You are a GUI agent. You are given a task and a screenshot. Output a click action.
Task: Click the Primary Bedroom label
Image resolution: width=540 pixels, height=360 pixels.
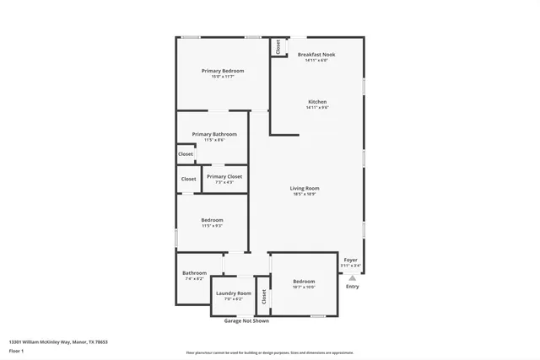pos(222,71)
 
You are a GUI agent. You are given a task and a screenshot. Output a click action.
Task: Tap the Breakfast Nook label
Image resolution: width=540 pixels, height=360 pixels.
pos(316,55)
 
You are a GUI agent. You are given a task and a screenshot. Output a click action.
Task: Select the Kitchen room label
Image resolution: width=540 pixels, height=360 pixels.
pos(316,102)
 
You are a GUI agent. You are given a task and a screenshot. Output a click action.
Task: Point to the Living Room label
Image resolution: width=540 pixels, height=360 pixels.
pos(305,188)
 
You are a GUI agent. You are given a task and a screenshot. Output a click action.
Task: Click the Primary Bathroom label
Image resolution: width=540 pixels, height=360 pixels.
pos(213,134)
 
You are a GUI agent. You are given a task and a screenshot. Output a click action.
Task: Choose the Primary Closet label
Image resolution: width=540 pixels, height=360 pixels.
pos(224,176)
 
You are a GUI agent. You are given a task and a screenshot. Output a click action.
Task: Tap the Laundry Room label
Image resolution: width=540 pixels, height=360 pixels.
pos(233,293)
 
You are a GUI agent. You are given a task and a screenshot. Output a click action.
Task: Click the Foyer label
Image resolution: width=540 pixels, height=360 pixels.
pos(350,260)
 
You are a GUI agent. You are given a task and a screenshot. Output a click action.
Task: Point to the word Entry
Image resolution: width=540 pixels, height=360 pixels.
pos(352,287)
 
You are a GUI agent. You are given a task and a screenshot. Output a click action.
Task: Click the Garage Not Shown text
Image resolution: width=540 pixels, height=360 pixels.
pos(246,321)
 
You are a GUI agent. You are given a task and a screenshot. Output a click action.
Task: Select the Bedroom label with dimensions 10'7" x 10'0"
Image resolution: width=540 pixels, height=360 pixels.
pos(304,282)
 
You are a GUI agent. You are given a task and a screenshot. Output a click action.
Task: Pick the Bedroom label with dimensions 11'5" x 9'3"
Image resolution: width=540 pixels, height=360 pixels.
pos(212,220)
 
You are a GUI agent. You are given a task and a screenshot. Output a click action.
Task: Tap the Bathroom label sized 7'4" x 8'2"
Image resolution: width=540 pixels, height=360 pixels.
pos(194,272)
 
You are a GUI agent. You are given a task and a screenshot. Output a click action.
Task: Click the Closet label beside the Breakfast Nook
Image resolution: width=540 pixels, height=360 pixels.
pos(277,46)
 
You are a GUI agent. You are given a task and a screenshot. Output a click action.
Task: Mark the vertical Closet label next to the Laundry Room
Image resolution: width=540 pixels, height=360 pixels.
pos(263,297)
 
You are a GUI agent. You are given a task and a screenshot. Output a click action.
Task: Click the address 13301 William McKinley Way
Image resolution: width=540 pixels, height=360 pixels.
pos(58,341)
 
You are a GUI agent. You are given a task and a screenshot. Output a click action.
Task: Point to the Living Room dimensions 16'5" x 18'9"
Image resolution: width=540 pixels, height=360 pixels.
pos(305,194)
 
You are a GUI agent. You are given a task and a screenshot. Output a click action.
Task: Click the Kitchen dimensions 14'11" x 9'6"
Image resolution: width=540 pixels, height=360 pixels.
pos(316,108)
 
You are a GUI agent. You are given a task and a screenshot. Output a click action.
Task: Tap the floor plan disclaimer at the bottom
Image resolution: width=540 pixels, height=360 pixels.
pos(269,353)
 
